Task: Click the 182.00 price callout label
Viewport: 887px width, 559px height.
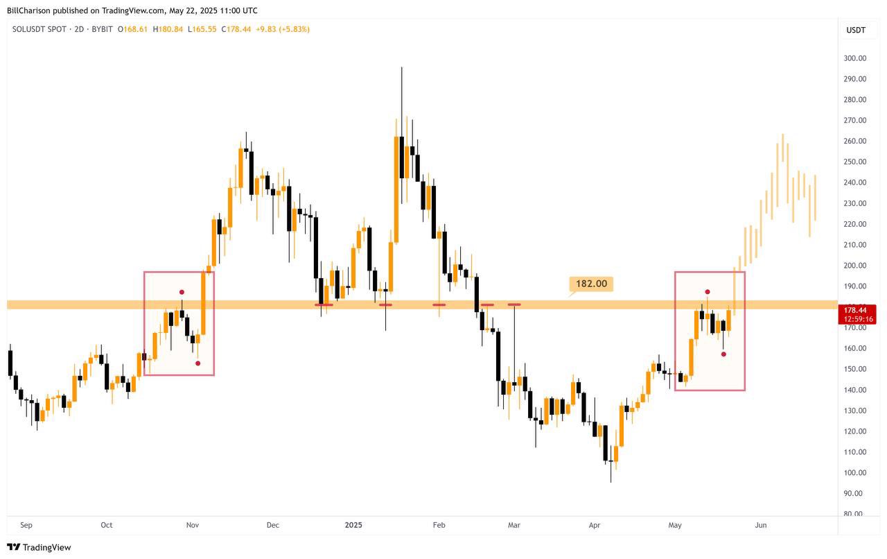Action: point(591,284)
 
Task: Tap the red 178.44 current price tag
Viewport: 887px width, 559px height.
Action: point(859,310)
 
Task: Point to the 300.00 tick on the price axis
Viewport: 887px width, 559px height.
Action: point(854,58)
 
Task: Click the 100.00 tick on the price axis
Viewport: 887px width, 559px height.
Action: point(854,473)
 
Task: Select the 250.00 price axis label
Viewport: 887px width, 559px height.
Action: point(854,162)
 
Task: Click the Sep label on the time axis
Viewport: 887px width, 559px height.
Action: point(26,526)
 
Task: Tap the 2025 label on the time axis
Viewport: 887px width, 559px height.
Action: point(353,526)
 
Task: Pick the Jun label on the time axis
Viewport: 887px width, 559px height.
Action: point(761,526)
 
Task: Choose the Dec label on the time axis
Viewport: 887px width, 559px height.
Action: point(272,526)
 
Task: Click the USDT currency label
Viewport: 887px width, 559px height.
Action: point(856,30)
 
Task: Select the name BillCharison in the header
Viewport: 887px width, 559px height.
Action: point(30,10)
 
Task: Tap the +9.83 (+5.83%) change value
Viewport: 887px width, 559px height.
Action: point(283,30)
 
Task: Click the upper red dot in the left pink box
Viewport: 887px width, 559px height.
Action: point(182,292)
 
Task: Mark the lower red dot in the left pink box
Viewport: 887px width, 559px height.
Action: point(198,363)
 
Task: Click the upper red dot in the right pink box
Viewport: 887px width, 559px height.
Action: point(708,292)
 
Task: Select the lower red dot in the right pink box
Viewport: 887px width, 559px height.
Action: point(723,354)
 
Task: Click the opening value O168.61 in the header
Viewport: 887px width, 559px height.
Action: point(132,30)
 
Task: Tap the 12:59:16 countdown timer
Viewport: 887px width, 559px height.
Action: point(859,319)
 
